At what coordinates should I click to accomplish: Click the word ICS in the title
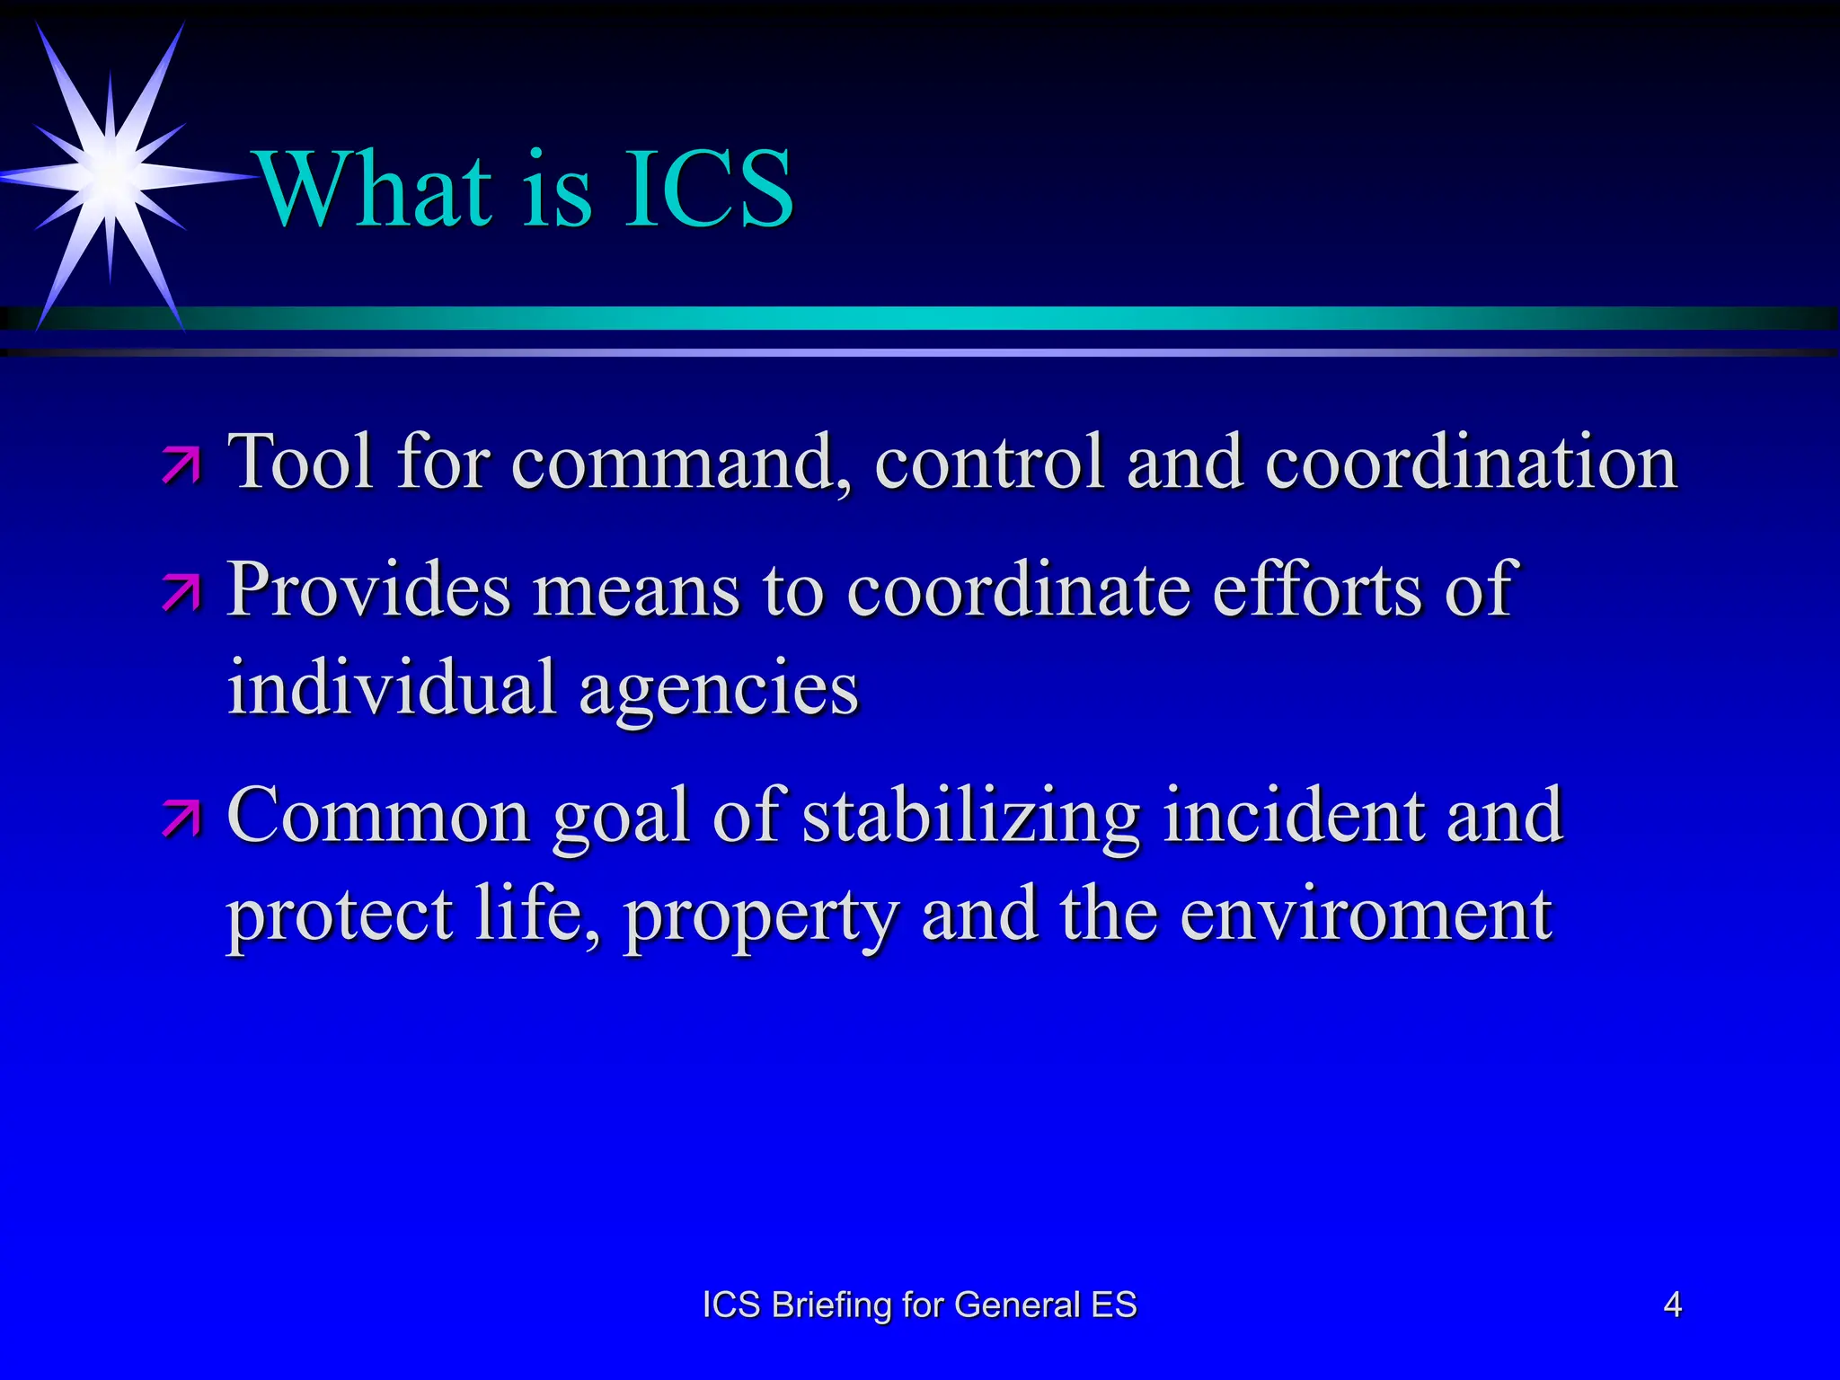707,189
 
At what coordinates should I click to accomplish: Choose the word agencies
719,690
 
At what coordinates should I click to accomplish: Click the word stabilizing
970,816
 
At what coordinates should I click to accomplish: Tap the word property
762,916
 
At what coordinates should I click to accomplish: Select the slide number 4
1672,1305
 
